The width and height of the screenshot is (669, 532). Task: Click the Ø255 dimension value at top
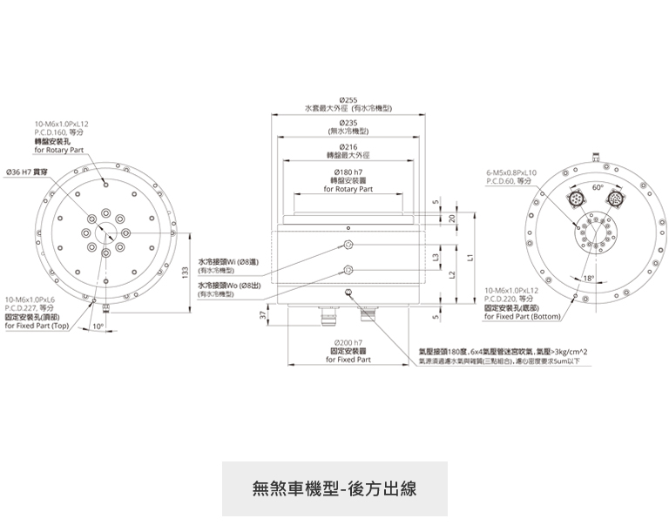(348, 101)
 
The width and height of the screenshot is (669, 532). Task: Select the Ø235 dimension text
(348, 123)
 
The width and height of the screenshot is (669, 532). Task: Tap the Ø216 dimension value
(348, 146)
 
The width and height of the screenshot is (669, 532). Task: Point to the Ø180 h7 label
(348, 172)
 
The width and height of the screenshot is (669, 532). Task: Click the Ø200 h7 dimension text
(348, 344)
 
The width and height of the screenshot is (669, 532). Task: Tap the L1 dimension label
(469, 258)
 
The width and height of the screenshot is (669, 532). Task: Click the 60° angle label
(597, 187)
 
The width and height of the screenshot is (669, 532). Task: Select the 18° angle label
(588, 278)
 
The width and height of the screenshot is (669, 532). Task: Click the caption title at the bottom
(334, 488)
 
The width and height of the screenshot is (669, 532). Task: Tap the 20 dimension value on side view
(452, 218)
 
